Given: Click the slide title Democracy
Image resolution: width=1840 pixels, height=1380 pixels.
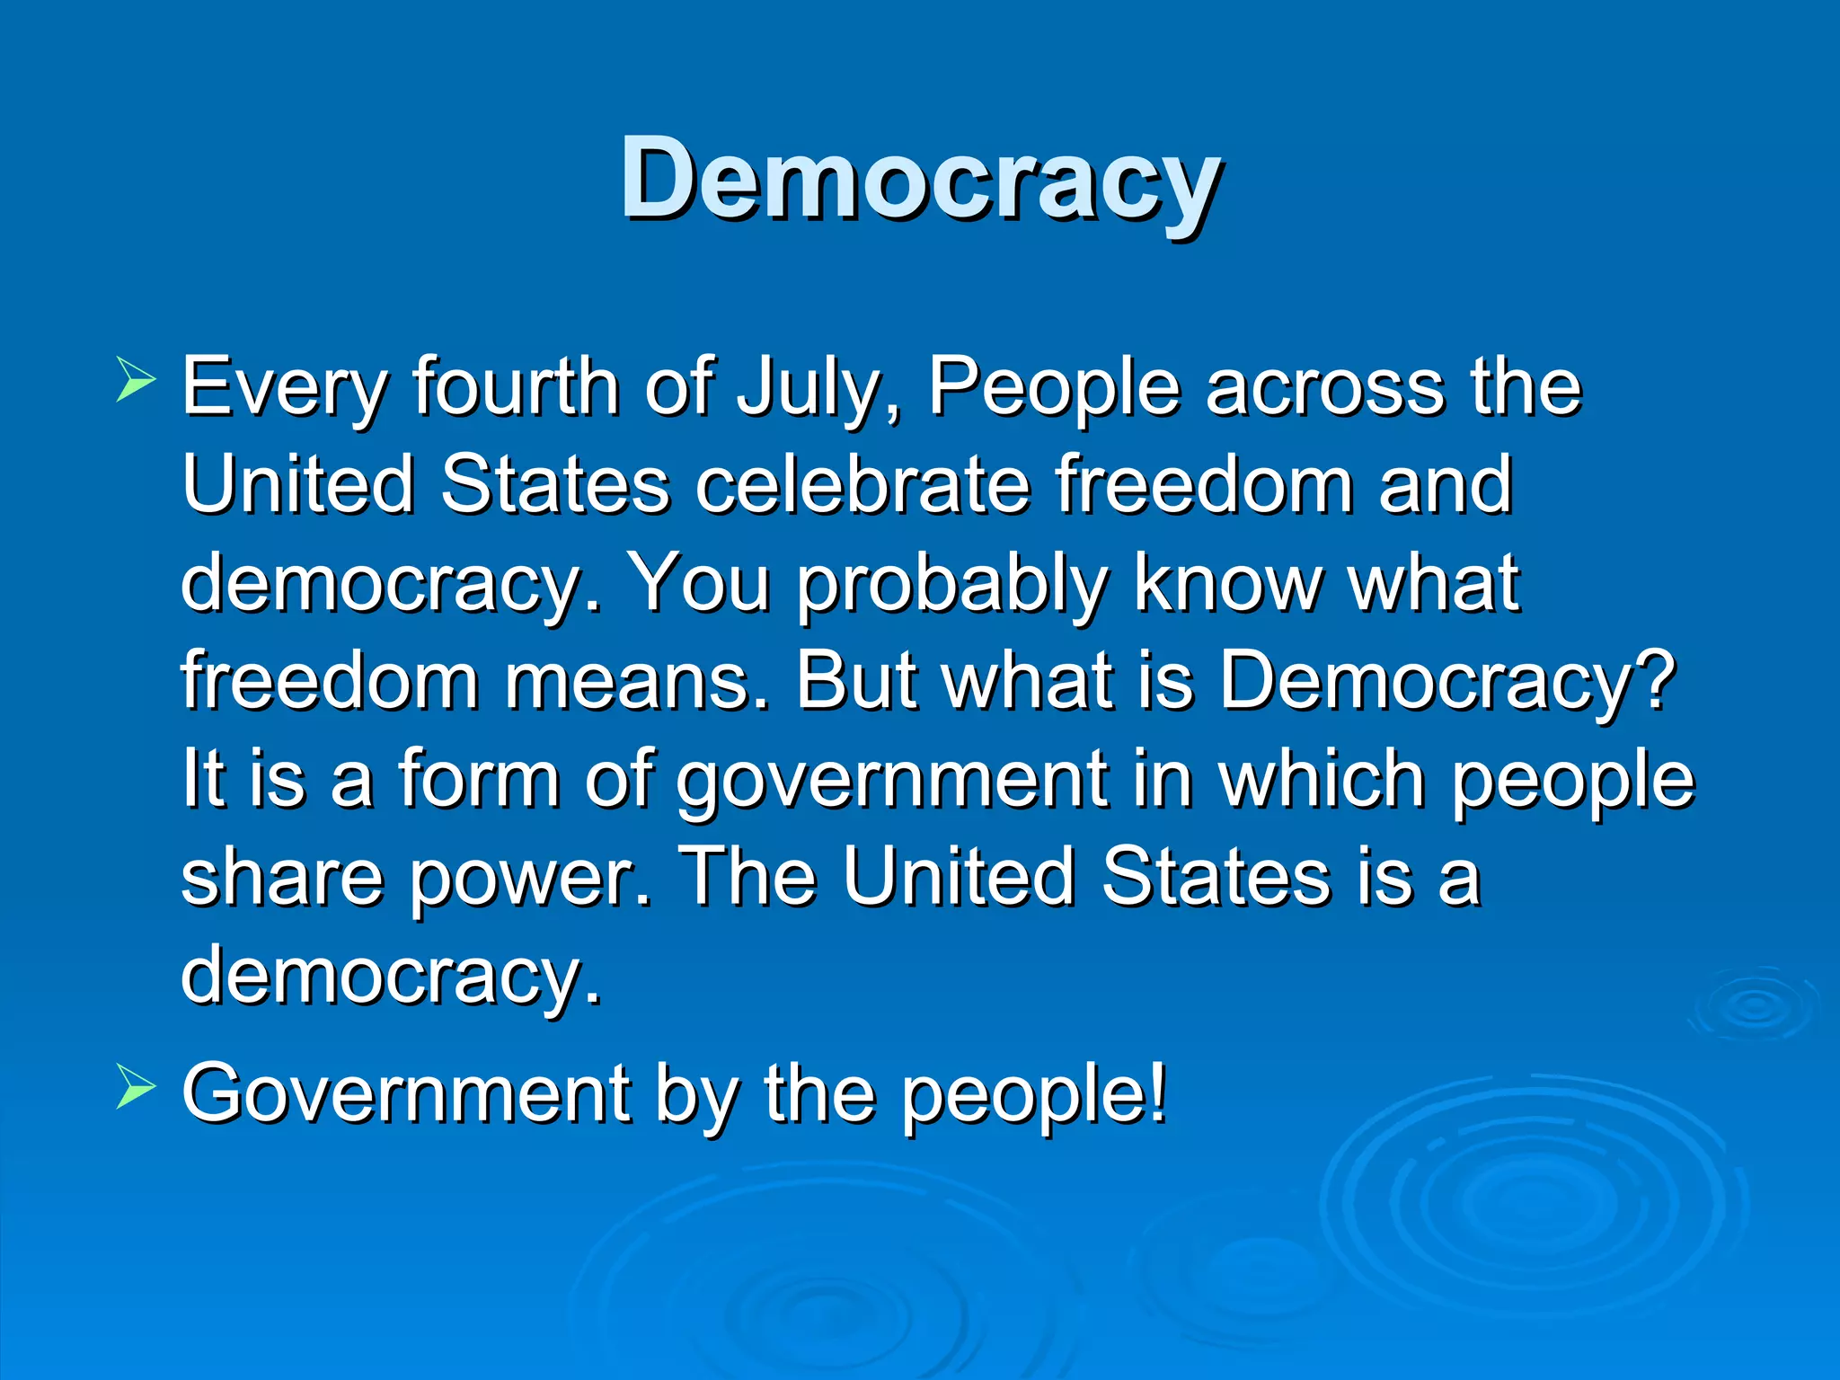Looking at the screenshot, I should click(920, 180).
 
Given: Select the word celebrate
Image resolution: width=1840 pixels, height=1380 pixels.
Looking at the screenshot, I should click(862, 485).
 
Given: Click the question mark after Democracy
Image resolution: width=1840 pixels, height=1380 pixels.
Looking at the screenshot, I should click(1659, 681).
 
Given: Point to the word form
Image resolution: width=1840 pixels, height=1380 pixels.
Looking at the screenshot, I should click(480, 778).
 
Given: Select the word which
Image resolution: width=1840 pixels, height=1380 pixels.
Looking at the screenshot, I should click(1321, 778).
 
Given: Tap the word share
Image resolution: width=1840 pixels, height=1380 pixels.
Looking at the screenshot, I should click(283, 877).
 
